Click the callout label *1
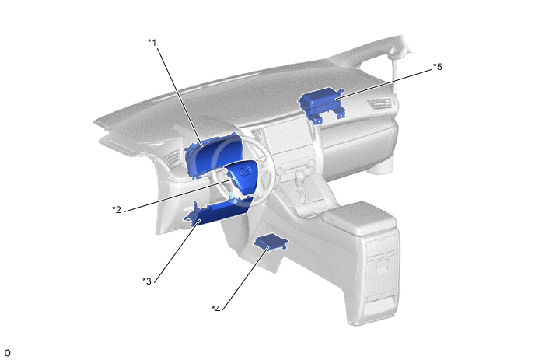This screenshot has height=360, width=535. (152, 43)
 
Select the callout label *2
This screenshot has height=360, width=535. (117, 209)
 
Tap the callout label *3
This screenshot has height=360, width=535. (147, 281)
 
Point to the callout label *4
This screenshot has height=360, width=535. (216, 309)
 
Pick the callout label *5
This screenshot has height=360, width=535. (438, 67)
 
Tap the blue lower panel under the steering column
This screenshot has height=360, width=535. (219, 211)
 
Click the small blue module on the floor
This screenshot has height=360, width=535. (271, 243)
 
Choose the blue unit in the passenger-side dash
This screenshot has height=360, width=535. (321, 103)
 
